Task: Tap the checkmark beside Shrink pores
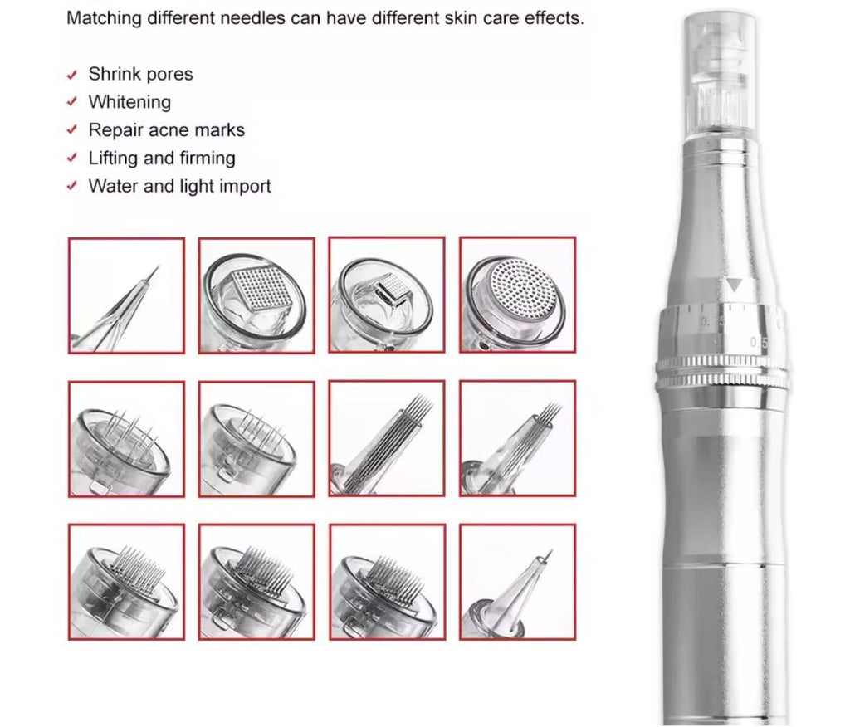pyautogui.click(x=72, y=75)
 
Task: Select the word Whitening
pyautogui.click(x=129, y=102)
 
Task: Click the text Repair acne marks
pyautogui.click(x=166, y=130)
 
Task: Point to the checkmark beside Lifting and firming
pyautogui.click(x=72, y=159)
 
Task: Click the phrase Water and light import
pyautogui.click(x=179, y=186)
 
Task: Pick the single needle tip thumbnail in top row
pyautogui.click(x=126, y=295)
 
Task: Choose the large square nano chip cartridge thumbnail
pyautogui.click(x=256, y=295)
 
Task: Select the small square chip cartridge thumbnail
pyautogui.click(x=387, y=295)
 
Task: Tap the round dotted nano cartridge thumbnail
pyautogui.click(x=517, y=295)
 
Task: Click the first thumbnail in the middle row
pyautogui.click(x=126, y=439)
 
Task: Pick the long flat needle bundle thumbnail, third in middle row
pyautogui.click(x=387, y=439)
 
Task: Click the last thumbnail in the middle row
pyautogui.click(x=517, y=439)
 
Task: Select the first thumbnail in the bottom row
pyautogui.click(x=126, y=582)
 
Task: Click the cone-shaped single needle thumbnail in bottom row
pyautogui.click(x=517, y=582)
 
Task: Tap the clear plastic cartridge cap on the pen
pyautogui.click(x=721, y=75)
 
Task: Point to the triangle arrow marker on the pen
pyautogui.click(x=734, y=285)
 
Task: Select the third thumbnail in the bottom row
pyautogui.click(x=387, y=582)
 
